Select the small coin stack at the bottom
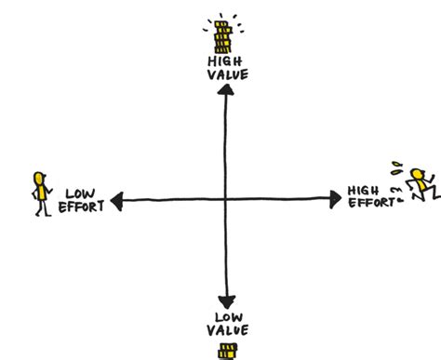click(x=225, y=351)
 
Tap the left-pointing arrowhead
click(x=116, y=199)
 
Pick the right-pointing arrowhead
click(x=338, y=198)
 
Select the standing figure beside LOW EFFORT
click(x=40, y=193)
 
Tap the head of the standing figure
click(x=38, y=177)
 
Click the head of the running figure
click(x=418, y=173)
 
